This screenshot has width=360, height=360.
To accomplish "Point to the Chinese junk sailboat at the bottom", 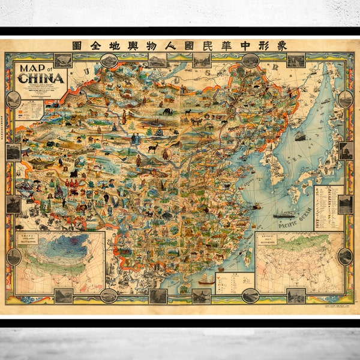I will [x=206, y=279].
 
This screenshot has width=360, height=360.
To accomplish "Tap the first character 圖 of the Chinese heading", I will [x=76, y=45].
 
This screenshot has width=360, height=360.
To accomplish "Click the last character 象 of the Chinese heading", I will [x=282, y=45].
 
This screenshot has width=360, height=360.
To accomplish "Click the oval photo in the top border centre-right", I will [x=250, y=60].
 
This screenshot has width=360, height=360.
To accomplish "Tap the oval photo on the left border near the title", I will [x=13, y=100].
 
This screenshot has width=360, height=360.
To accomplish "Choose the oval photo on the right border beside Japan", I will [x=345, y=98].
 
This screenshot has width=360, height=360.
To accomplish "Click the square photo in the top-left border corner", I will [x=62, y=60].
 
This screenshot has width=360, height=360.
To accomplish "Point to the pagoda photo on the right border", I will [x=346, y=151].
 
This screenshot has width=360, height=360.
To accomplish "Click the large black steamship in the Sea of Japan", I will [x=300, y=136].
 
